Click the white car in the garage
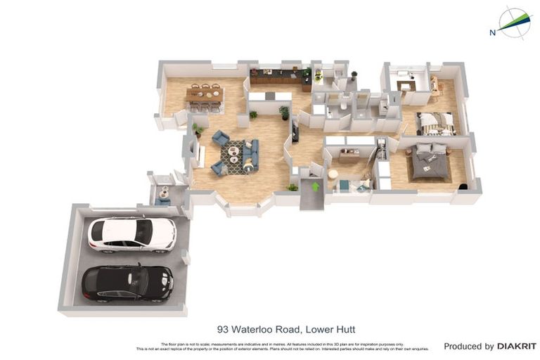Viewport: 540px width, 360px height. pos(131,234)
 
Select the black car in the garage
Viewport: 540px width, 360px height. pos(127,282)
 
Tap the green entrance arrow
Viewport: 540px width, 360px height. pos(315,186)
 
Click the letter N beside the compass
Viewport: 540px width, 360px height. pos(492,31)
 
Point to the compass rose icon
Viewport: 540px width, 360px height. pos(515,22)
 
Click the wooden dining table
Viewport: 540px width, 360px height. pos(205,94)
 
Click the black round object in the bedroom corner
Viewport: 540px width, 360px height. pos(463,186)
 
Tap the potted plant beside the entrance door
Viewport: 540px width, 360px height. pos(292,187)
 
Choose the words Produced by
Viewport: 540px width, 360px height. pos(468,346)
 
